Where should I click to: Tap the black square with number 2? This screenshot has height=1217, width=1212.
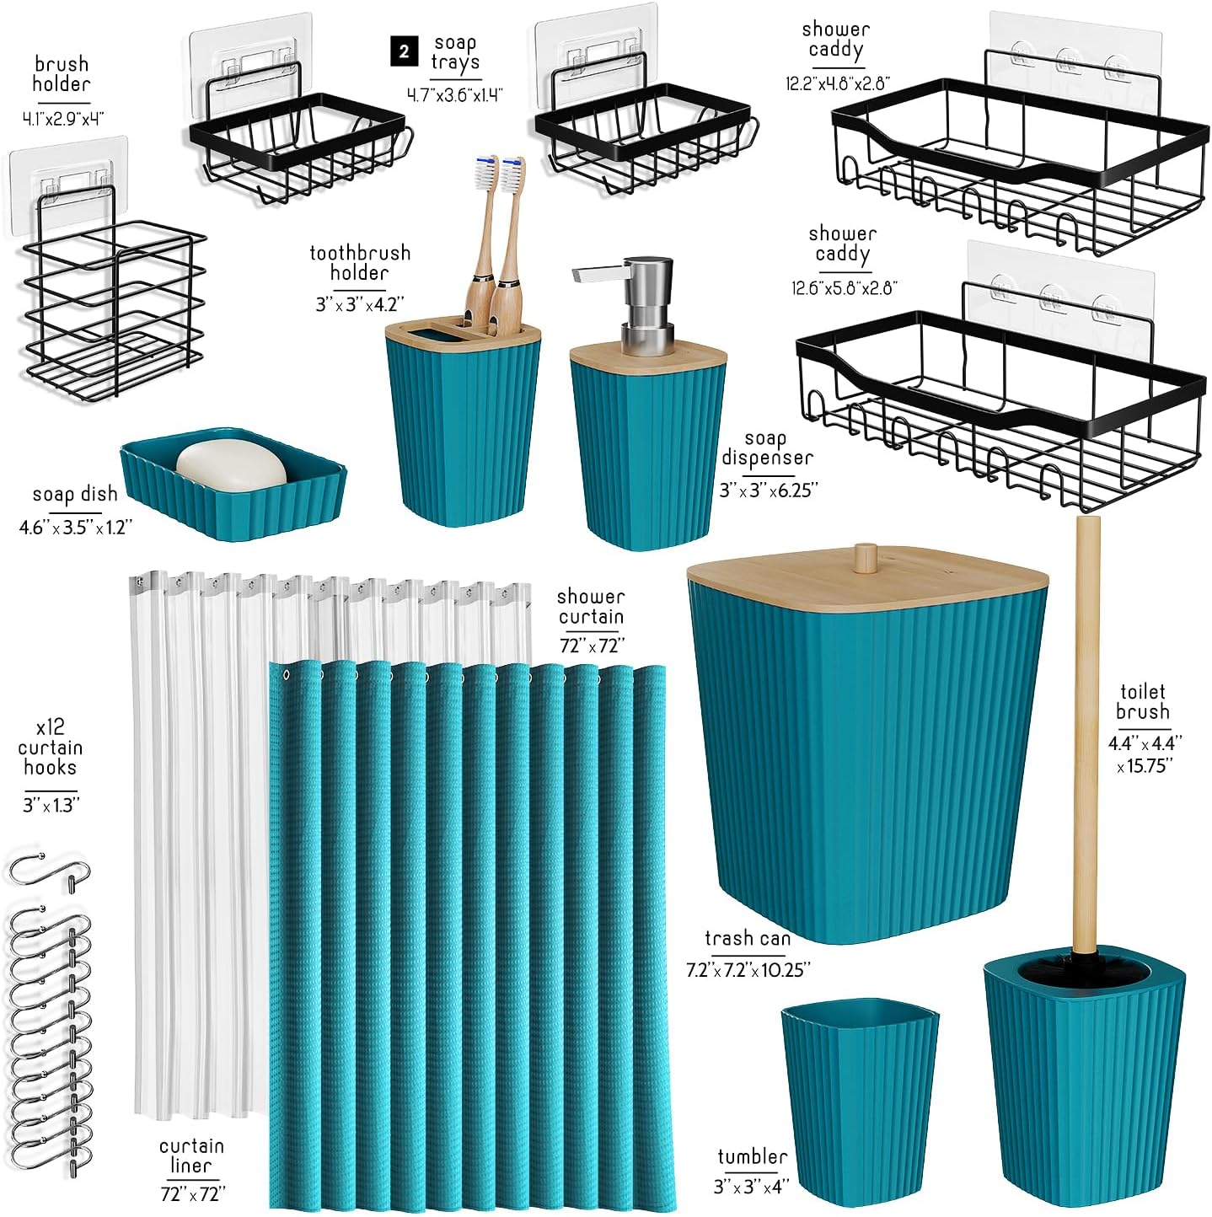[x=404, y=51]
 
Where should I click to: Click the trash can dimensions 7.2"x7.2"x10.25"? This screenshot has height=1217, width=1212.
[x=748, y=969]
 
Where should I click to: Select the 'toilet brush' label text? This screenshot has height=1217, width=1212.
[x=1143, y=702]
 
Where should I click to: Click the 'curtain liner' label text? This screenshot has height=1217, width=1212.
[x=191, y=1155]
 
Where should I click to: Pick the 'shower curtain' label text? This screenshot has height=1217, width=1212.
[x=591, y=606]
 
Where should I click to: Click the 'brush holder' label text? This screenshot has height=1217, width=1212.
[x=62, y=74]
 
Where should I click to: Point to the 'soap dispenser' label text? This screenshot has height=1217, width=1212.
[x=767, y=448]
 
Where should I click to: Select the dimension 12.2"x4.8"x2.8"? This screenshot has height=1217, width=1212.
[x=838, y=83]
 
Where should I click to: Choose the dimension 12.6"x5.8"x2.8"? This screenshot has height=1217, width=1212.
[x=845, y=288]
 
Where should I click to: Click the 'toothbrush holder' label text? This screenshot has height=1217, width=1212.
[x=360, y=263]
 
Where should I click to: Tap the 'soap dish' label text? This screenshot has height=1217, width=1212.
[x=75, y=494]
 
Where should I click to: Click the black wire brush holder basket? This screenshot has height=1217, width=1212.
[x=114, y=309]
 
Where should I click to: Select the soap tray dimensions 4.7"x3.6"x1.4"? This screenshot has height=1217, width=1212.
[x=455, y=95]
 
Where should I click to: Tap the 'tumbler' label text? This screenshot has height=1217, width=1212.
[x=752, y=1157]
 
